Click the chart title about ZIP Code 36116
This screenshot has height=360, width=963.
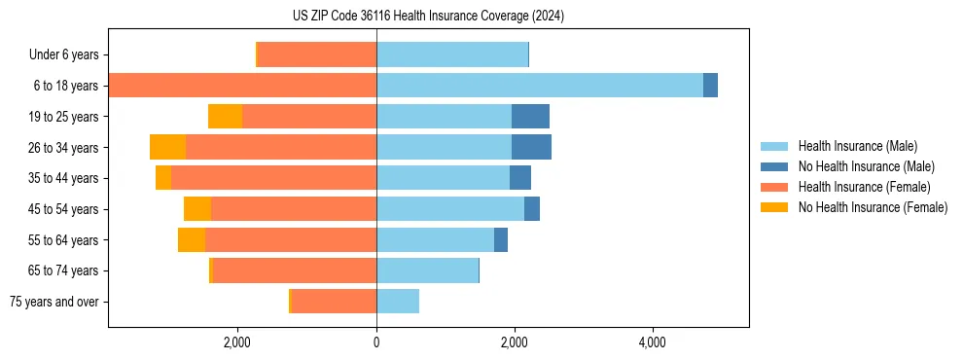coord(428,16)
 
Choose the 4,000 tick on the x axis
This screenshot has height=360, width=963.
coord(652,342)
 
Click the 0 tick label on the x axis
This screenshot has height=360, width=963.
coord(376,342)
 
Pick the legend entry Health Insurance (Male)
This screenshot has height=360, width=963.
coord(857,146)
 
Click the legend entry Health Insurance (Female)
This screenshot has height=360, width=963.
coord(863,187)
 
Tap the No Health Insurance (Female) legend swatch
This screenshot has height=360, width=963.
coord(775,207)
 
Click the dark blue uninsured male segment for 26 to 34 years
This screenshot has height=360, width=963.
coord(531,147)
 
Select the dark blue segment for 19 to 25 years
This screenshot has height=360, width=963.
coord(530,117)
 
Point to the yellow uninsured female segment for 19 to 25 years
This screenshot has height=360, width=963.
coord(225,117)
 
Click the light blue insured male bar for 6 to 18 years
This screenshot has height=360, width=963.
coord(539,86)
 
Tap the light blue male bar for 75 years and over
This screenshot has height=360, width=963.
coord(398,302)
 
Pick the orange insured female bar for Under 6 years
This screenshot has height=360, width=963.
coord(317,54)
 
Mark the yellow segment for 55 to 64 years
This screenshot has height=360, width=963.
coord(192,240)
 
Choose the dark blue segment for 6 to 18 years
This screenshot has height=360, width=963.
coord(710,86)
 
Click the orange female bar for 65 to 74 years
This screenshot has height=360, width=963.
coord(295,270)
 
